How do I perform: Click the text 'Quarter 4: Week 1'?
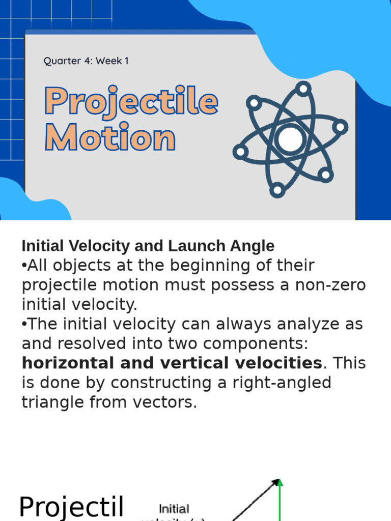(86, 61)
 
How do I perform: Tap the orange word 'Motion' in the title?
(110, 138)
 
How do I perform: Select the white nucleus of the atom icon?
(290, 139)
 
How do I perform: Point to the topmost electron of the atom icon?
(303, 89)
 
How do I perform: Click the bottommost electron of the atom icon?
(277, 190)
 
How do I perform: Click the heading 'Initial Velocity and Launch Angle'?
(148, 246)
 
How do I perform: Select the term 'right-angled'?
(282, 383)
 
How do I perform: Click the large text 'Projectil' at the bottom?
(71, 507)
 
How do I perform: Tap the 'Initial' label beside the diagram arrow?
(174, 509)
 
